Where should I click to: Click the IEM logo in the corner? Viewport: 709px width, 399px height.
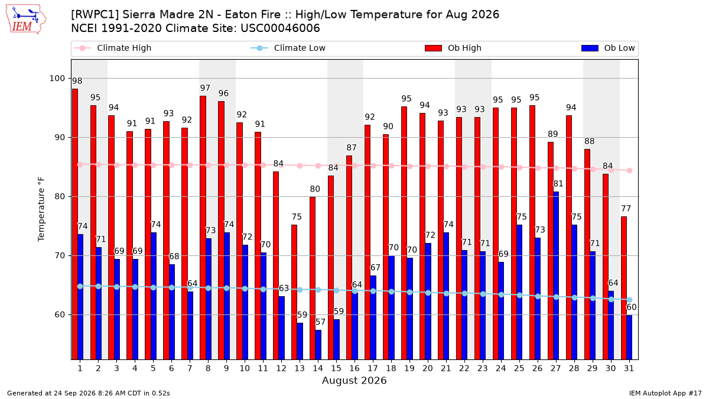pyautogui.click(x=26, y=20)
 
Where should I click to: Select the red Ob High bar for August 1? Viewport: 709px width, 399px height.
pyautogui.click(x=75, y=224)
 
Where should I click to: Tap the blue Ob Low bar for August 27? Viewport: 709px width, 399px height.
pyautogui.click(x=556, y=275)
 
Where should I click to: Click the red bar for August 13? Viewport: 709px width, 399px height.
pyautogui.click(x=294, y=292)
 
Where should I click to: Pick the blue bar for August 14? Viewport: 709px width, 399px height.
pyautogui.click(x=318, y=345)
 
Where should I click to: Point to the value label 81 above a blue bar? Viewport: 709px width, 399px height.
pyautogui.click(x=558, y=184)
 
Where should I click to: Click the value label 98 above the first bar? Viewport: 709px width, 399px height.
pyautogui.click(x=77, y=81)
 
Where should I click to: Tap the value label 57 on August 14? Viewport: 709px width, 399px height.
pyautogui.click(x=320, y=322)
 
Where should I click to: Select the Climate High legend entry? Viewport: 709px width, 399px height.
pyautogui.click(x=113, y=48)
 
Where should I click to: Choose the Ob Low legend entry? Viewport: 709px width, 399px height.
pyautogui.click(x=608, y=48)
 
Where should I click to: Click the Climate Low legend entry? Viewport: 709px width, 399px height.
pyautogui.click(x=288, y=48)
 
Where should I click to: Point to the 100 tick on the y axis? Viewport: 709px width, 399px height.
pyautogui.click(x=57, y=78)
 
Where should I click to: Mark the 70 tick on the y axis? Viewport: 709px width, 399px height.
pyautogui.click(x=60, y=255)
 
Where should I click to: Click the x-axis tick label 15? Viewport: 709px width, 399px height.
pyautogui.click(x=336, y=368)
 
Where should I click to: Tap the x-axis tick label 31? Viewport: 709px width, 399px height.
pyautogui.click(x=629, y=368)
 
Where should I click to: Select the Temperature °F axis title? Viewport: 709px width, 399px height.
pyautogui.click(x=41, y=209)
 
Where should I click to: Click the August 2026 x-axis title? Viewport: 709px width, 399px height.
pyautogui.click(x=354, y=380)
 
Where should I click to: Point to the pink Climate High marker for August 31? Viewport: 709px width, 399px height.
pyautogui.click(x=630, y=170)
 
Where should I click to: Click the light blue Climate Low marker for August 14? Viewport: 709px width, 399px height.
pyautogui.click(x=318, y=290)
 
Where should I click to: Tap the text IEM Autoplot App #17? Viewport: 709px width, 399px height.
pyautogui.click(x=665, y=393)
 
